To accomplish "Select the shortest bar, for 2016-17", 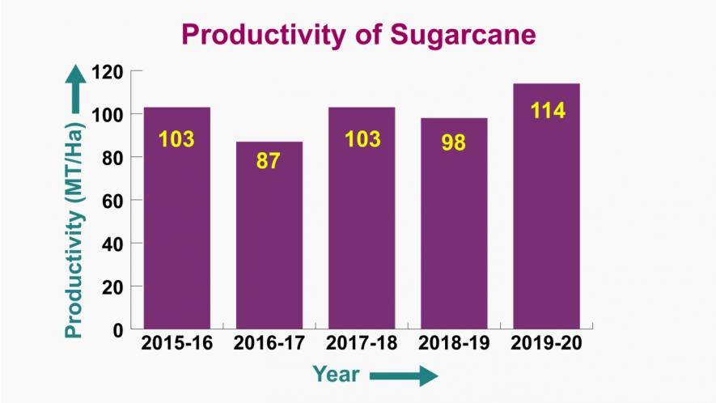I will [x=269, y=235].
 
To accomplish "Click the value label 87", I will [x=269, y=160].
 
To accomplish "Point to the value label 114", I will [x=547, y=111].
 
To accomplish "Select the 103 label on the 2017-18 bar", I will [x=362, y=139].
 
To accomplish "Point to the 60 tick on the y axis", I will [x=112, y=200].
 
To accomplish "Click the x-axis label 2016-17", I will [x=269, y=343].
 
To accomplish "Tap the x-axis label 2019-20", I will [x=547, y=343].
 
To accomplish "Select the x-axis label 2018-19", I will [x=454, y=343].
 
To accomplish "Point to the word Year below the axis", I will [x=337, y=374].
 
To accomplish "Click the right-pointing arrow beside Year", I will [x=404, y=375].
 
